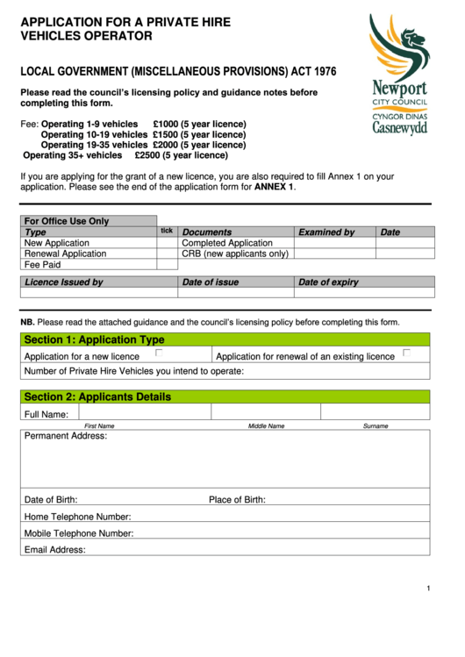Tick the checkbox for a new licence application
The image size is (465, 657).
coord(159,353)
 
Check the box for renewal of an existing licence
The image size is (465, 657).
coord(406,353)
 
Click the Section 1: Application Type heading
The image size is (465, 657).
coord(94,339)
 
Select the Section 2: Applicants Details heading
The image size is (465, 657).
coord(97,396)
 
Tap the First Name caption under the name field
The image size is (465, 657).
coord(99,425)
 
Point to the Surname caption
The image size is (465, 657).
coord(376,425)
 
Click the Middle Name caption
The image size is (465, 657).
coord(266,425)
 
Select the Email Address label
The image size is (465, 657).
coord(55,550)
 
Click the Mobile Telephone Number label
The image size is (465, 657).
coord(79,533)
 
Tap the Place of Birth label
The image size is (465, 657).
coord(237,500)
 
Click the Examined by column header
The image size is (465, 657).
coord(326,232)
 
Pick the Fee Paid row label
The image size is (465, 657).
coord(43,264)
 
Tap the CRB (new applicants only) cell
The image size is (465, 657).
coord(235,254)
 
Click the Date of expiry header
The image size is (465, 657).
coord(328,282)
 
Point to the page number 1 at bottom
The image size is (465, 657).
coord(428,588)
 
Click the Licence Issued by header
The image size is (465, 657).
coord(64,282)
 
